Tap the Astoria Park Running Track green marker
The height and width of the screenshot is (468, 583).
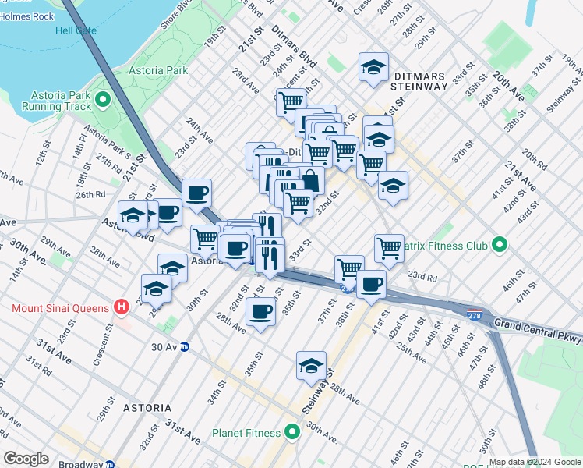(x=103, y=100)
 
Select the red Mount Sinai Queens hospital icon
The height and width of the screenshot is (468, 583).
(x=121, y=307)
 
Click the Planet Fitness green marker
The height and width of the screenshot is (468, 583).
(x=292, y=431)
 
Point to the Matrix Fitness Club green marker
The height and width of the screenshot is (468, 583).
(x=500, y=246)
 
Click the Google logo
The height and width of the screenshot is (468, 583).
(x=26, y=459)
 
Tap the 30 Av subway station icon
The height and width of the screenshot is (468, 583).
(x=185, y=346)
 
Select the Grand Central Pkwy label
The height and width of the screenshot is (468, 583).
(x=538, y=323)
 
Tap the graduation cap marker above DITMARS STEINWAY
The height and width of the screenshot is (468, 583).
(x=373, y=67)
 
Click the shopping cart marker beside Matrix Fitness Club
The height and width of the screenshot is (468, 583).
(x=389, y=247)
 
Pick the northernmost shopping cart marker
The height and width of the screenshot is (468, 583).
(x=291, y=101)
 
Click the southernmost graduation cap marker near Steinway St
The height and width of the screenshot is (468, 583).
(x=311, y=365)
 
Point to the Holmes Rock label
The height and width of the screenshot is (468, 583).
(x=26, y=16)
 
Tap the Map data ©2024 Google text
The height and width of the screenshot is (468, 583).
(x=535, y=462)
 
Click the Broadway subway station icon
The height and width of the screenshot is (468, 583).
(x=111, y=464)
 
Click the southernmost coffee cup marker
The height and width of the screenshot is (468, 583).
(x=261, y=312)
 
